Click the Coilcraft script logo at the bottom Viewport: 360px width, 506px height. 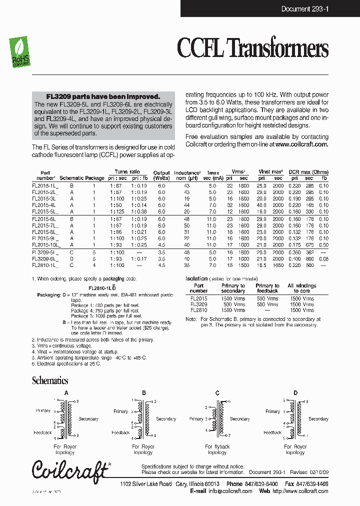point(70,469)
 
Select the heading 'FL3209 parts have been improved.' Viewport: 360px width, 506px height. point(103,96)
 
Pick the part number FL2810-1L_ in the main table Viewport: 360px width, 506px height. point(45,265)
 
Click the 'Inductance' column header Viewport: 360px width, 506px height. point(187,172)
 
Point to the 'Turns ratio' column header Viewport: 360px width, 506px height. point(127,171)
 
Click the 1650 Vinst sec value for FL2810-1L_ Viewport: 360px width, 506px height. point(278,265)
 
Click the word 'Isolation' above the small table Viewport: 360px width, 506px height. point(196,278)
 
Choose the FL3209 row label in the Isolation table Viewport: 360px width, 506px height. point(198,304)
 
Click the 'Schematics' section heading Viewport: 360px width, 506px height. point(50,380)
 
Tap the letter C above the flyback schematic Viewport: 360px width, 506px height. point(217,393)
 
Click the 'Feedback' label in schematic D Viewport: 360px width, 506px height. point(272,432)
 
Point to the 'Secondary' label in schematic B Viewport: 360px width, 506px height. point(166,419)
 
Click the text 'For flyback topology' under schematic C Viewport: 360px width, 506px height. point(217,449)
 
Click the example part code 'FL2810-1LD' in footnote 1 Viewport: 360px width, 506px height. point(102,288)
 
